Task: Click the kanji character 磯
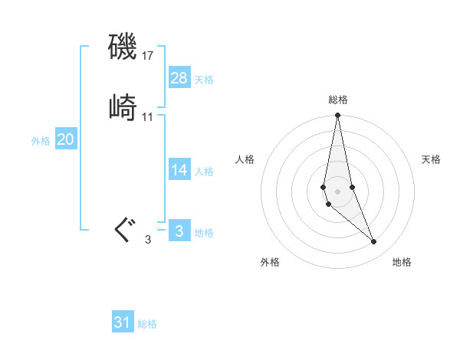pyautogui.click(x=123, y=48)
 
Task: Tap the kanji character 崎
pyautogui.click(x=123, y=108)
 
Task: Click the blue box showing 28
pyautogui.click(x=179, y=77)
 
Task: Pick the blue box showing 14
pyautogui.click(x=179, y=170)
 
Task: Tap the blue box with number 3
pyautogui.click(x=179, y=231)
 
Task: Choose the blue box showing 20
pyautogui.click(x=66, y=139)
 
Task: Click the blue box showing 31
pyautogui.click(x=123, y=322)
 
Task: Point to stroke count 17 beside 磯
pyautogui.click(x=148, y=56)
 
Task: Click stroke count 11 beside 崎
pyautogui.click(x=148, y=117)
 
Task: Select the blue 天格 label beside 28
pyautogui.click(x=204, y=80)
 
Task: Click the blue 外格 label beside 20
pyautogui.click(x=41, y=141)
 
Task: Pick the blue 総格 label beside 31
pyautogui.click(x=147, y=325)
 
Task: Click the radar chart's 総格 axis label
pyautogui.click(x=338, y=100)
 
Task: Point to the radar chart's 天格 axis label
pyautogui.click(x=431, y=159)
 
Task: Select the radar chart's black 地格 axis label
pyautogui.click(x=402, y=262)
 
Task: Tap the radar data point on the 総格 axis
pyautogui.click(x=338, y=116)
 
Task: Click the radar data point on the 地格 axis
pyautogui.click(x=374, y=242)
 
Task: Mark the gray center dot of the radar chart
pyautogui.click(x=338, y=181)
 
